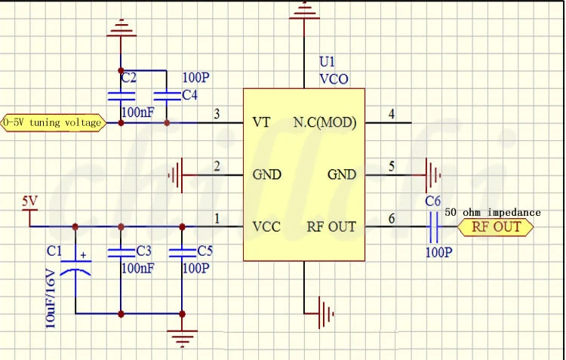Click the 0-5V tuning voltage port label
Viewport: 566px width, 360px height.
pyautogui.click(x=53, y=122)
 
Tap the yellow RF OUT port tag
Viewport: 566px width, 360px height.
pyautogui.click(x=496, y=227)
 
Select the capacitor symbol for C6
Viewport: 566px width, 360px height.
pyautogui.click(x=434, y=226)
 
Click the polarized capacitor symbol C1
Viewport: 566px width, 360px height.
pyautogui.click(x=75, y=267)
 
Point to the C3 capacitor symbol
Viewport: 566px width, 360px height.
pyautogui.click(x=121, y=251)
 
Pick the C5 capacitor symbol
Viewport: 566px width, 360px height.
pyautogui.click(x=181, y=251)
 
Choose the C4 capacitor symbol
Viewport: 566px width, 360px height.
pyautogui.click(x=166, y=96)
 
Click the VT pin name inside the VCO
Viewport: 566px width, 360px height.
pyautogui.click(x=261, y=122)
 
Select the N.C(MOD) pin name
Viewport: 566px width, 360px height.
pyautogui.click(x=324, y=122)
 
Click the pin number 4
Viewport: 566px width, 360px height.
pyautogui.click(x=391, y=115)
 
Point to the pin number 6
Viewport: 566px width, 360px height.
pyautogui.click(x=391, y=219)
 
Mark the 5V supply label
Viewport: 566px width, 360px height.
pyautogui.click(x=29, y=202)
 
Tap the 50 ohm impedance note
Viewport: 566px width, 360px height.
pyautogui.click(x=493, y=212)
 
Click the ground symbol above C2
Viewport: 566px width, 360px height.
pyautogui.click(x=121, y=29)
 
